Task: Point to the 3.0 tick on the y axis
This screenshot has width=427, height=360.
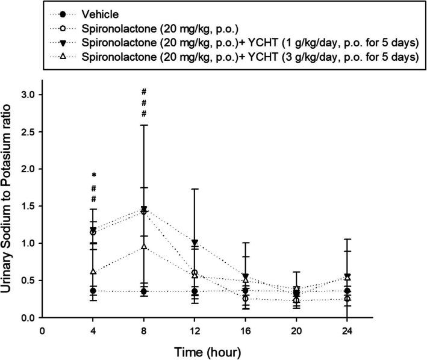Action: [x=28, y=95]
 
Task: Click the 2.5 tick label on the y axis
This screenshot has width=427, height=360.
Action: [x=28, y=132]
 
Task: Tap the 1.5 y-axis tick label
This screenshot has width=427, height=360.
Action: [x=28, y=206]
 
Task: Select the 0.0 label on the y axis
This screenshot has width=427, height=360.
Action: [x=28, y=317]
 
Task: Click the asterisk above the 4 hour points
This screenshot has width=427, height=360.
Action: [x=93, y=175]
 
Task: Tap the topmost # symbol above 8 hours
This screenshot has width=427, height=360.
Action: [x=144, y=92]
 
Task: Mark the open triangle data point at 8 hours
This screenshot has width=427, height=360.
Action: [x=144, y=246]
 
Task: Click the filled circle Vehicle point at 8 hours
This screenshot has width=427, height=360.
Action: [x=144, y=291]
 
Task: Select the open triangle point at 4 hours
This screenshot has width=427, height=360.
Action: [x=93, y=272]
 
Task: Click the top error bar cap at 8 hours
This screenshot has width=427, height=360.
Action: [x=144, y=125]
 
